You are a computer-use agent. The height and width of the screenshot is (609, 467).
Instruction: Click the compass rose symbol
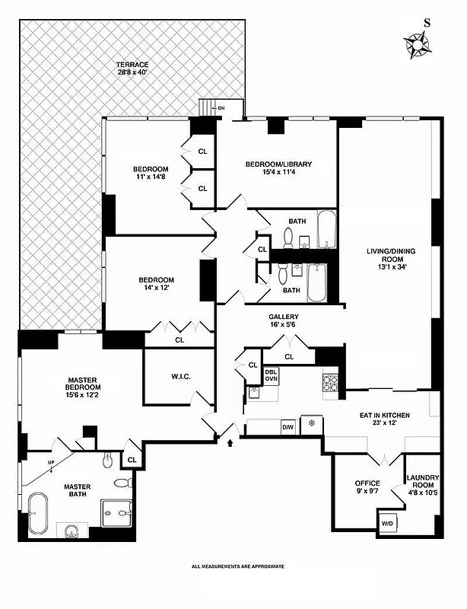point(418,45)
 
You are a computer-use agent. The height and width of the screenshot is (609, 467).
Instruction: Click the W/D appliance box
point(388,523)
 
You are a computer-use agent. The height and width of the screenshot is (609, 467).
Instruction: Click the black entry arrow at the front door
point(229,439)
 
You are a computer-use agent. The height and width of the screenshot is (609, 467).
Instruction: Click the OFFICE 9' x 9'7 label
point(367,488)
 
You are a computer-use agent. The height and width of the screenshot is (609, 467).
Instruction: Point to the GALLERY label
point(283,321)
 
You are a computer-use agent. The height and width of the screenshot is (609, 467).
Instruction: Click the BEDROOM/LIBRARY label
point(278,168)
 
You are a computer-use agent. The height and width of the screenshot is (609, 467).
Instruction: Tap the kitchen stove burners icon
point(331,382)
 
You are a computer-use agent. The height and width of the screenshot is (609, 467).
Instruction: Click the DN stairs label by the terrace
point(221,108)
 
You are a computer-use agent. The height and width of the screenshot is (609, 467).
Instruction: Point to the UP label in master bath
point(51,462)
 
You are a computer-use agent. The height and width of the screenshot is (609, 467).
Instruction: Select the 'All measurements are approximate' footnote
point(238,566)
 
